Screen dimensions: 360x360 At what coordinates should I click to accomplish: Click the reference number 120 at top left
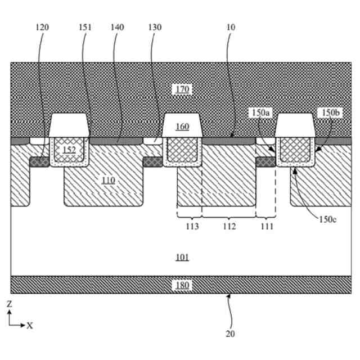point(42,27)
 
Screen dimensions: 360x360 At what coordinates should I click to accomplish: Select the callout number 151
point(85,27)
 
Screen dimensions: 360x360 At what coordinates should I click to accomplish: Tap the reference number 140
point(117,27)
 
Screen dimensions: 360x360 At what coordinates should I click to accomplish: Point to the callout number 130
point(155,27)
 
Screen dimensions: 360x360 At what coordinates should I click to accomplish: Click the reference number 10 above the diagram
point(231,27)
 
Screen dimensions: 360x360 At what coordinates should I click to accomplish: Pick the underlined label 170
point(182,89)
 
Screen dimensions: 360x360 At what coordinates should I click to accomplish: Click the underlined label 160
point(182,127)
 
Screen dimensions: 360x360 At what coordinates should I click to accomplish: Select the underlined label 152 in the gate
point(69,150)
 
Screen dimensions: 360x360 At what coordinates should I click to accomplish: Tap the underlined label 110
point(108,180)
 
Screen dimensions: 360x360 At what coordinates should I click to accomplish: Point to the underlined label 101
point(182,258)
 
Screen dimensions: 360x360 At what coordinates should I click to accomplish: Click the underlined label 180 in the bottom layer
point(182,285)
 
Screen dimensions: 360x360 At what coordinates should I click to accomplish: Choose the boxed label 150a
point(260,113)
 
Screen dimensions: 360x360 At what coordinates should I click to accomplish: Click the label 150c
point(327,219)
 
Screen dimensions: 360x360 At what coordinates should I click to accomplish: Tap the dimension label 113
point(192,227)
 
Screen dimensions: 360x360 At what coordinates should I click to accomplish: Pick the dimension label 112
point(229,227)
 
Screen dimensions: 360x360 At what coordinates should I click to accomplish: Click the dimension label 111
point(267,227)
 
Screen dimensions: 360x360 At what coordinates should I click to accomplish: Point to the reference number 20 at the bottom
point(229,334)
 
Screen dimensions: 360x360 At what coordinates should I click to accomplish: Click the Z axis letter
point(9,304)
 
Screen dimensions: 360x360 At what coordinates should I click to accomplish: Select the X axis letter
point(30,326)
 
